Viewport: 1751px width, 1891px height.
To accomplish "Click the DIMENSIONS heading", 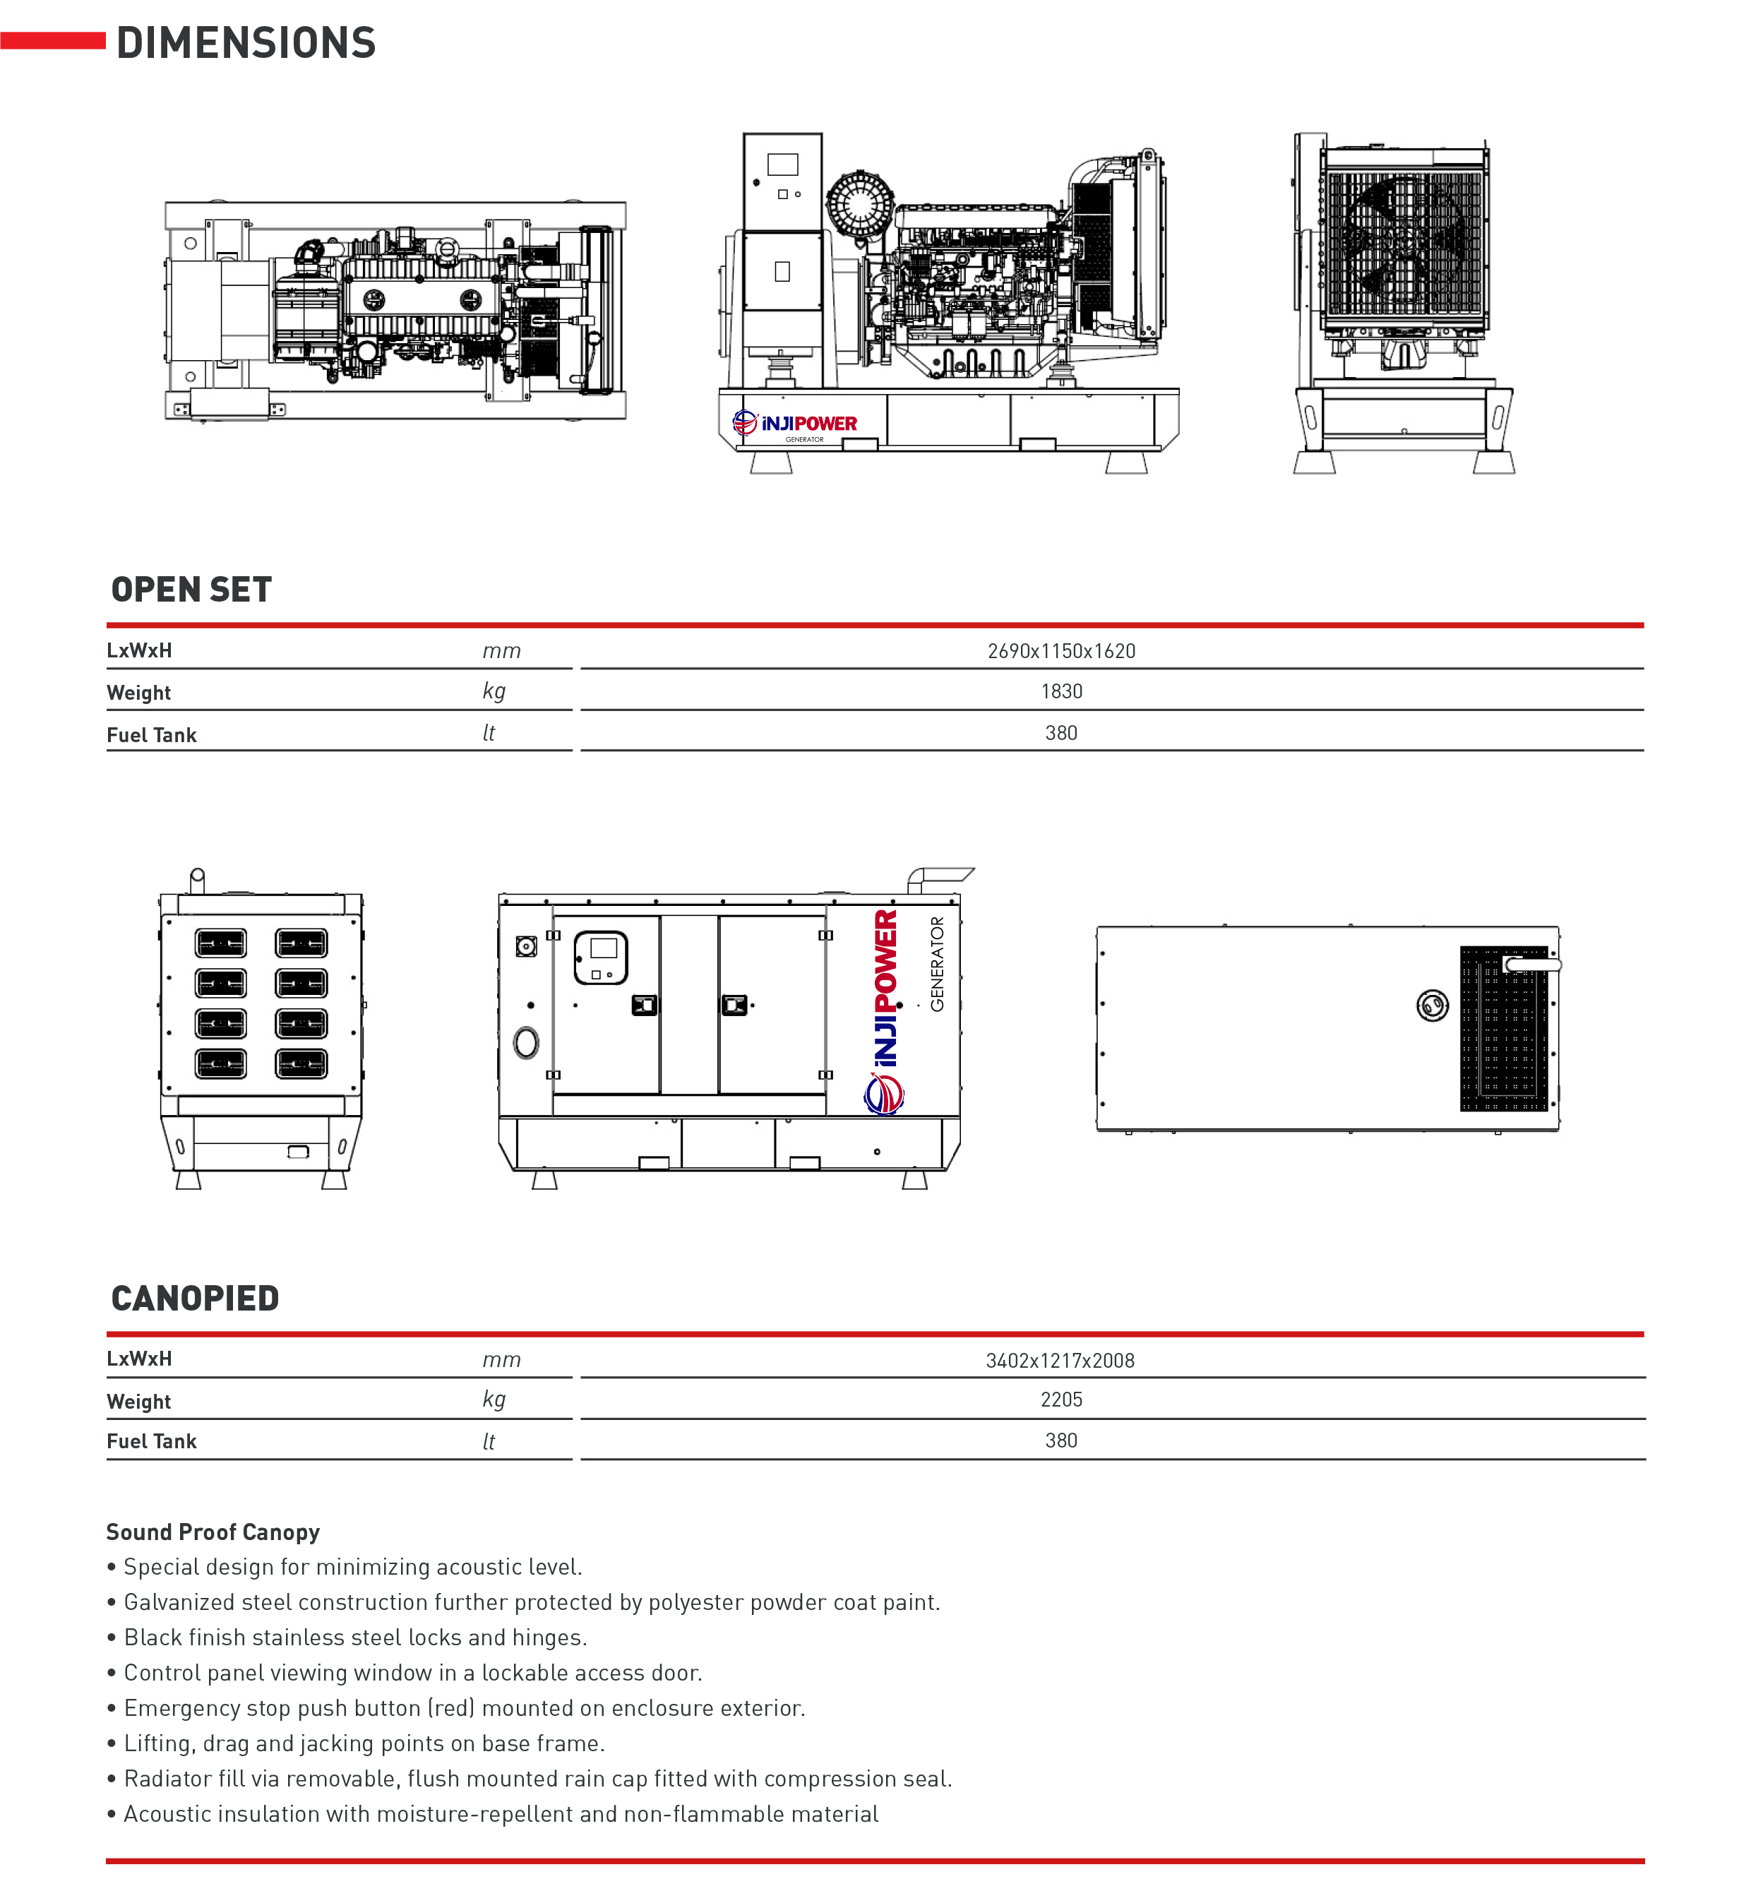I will pyautogui.click(x=246, y=44).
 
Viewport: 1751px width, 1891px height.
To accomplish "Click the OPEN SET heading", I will pyautogui.click(x=191, y=590).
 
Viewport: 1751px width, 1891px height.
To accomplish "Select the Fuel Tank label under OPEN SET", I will pyautogui.click(x=152, y=735).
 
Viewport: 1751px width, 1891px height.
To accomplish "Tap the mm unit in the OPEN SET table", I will pyautogui.click(x=501, y=651).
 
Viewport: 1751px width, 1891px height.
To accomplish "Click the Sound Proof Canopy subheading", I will pyautogui.click(x=213, y=1532).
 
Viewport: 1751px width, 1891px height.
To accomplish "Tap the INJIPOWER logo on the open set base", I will pyautogui.click(x=795, y=424).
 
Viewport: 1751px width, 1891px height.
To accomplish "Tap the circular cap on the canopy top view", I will pyautogui.click(x=1432, y=1006).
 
